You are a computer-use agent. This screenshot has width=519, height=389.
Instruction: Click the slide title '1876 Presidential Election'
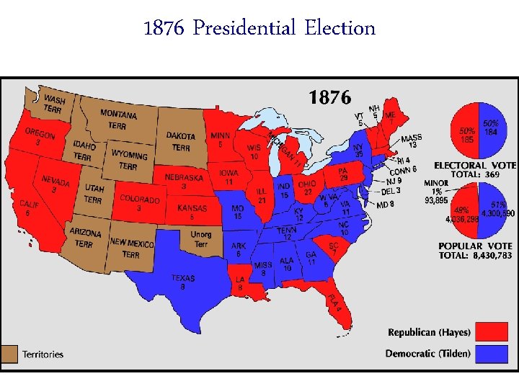[259, 28]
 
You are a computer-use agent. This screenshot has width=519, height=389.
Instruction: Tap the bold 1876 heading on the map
[330, 97]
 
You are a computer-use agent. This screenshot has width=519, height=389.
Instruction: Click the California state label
[30, 208]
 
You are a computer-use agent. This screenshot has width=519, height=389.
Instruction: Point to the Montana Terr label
[118, 119]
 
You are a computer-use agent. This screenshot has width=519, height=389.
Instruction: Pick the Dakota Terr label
[181, 141]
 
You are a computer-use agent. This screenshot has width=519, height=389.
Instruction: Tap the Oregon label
[40, 137]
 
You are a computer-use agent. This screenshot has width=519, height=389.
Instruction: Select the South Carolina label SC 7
[333, 249]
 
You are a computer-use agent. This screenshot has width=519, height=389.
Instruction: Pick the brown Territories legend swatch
[10, 354]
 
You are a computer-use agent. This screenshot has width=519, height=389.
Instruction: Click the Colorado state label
[140, 202]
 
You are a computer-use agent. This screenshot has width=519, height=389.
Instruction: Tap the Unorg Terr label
[201, 239]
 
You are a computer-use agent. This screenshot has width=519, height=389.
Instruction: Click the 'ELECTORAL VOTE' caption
[474, 165]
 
